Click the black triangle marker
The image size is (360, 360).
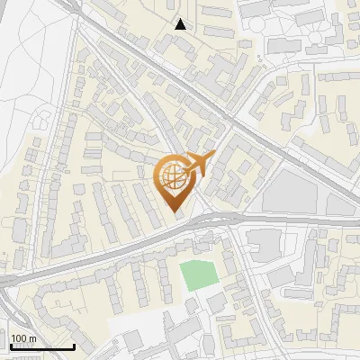point(181,24)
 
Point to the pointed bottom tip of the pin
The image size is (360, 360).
point(176,214)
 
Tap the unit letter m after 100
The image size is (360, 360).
point(33,338)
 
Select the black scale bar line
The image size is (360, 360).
point(41,346)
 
